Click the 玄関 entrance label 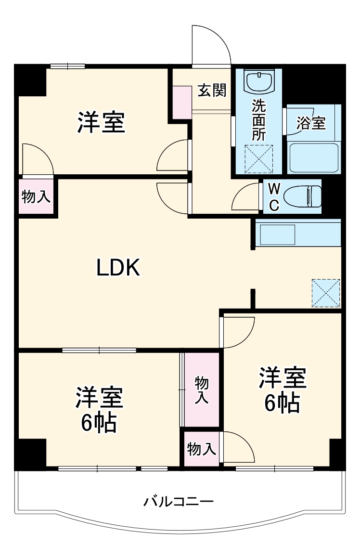[212, 90]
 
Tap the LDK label [118, 268]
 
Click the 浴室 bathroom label [311, 123]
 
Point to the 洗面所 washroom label [258, 119]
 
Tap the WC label [273, 197]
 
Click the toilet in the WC [302, 197]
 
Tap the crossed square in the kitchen [326, 293]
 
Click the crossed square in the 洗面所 [259, 158]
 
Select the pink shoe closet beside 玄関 [182, 103]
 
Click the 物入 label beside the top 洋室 [36, 196]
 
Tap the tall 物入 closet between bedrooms [202, 390]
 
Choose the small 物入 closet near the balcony [201, 450]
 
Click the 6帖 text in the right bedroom [283, 403]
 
